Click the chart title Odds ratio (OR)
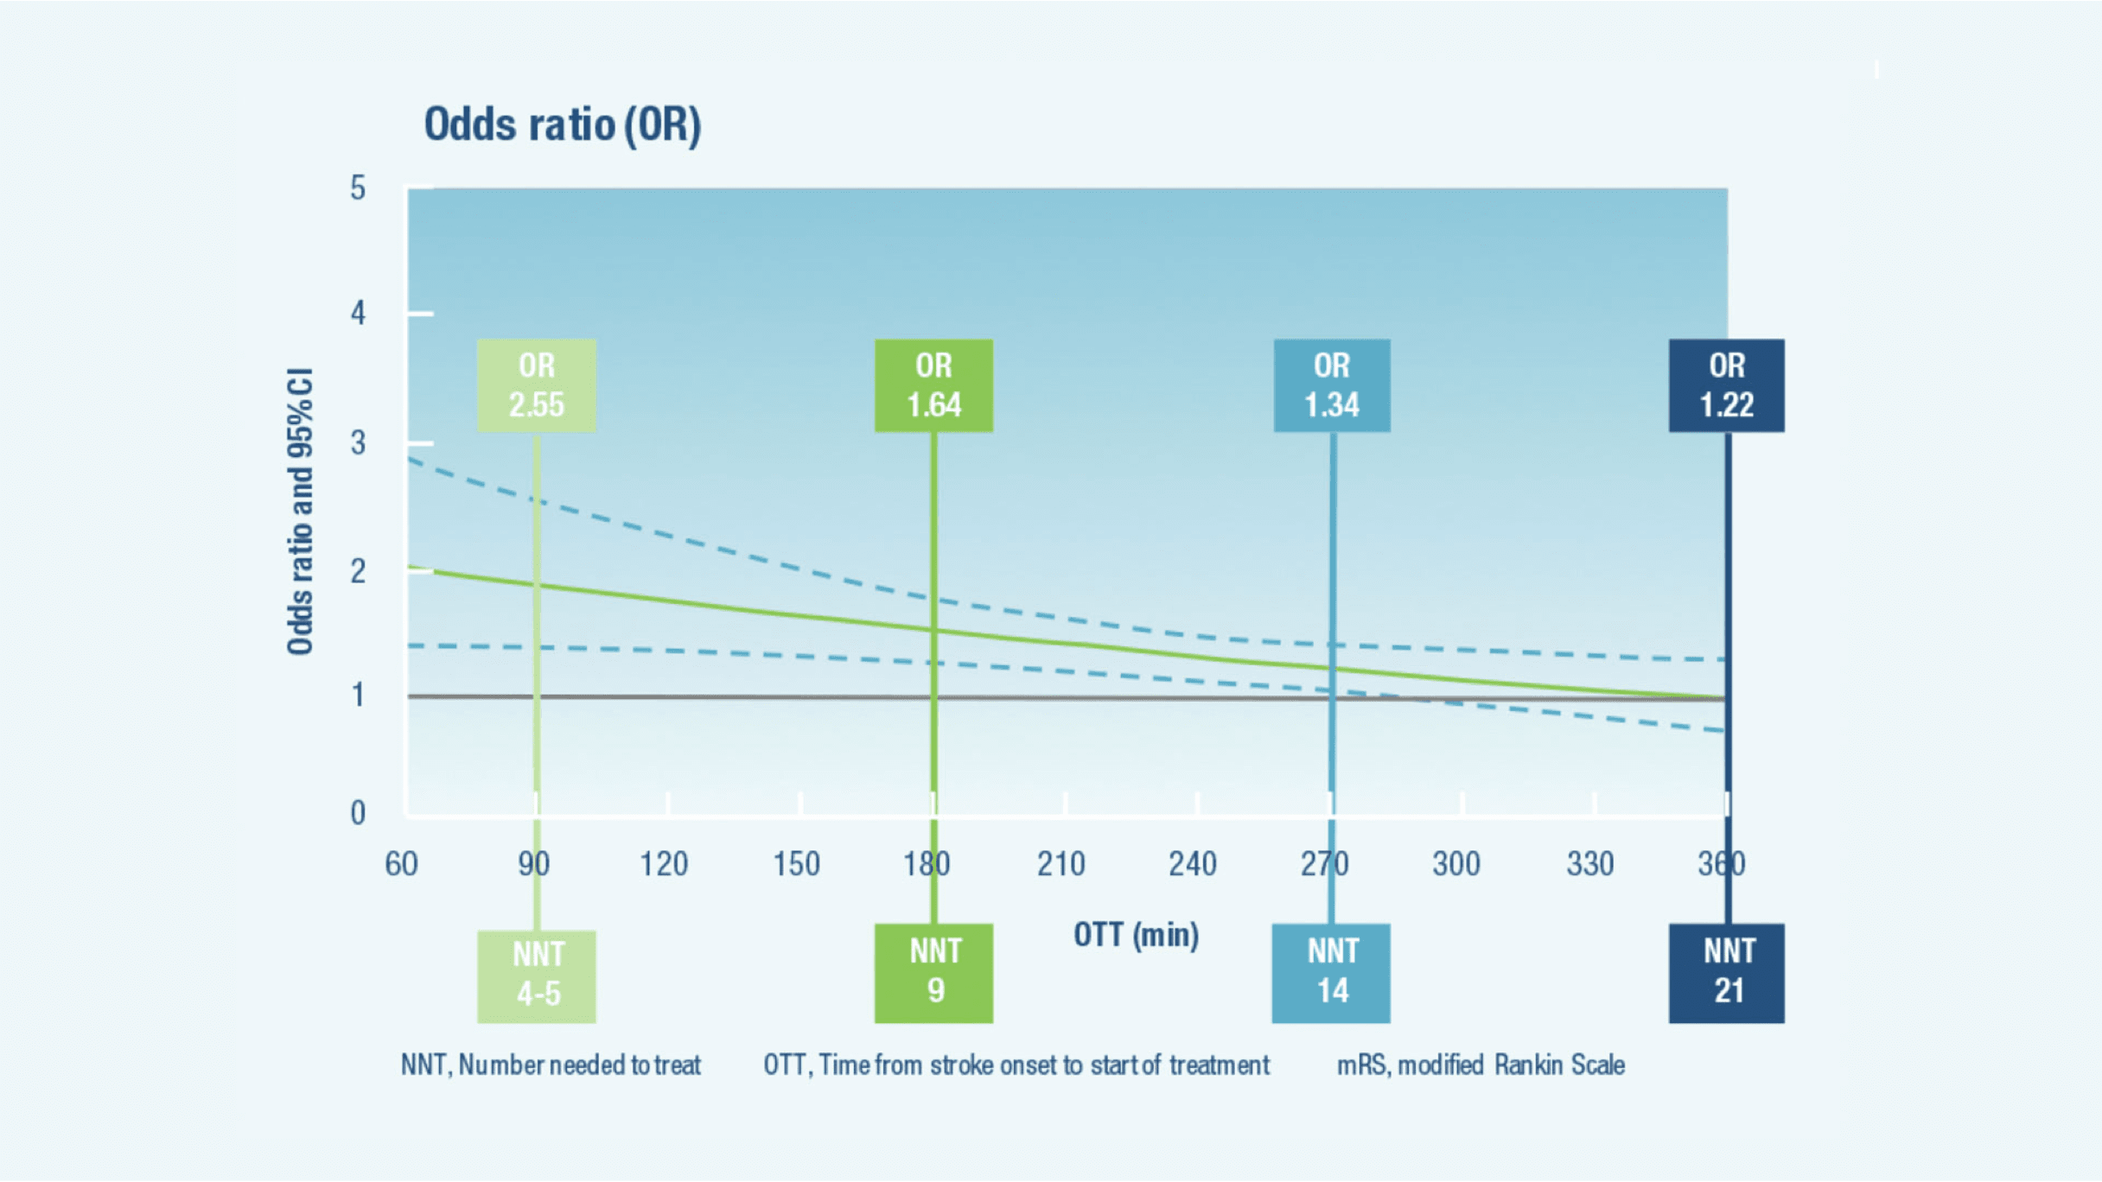point(562,124)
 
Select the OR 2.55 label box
point(536,385)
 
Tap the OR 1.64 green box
point(933,385)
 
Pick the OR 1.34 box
point(1331,385)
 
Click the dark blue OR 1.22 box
point(1726,385)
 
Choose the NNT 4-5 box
point(536,975)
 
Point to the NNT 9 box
point(933,973)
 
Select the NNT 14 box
point(1331,973)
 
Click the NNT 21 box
point(1726,973)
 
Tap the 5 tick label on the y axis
point(358,188)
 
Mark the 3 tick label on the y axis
point(358,443)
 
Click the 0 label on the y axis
point(358,813)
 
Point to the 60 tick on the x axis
point(401,864)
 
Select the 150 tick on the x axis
point(796,864)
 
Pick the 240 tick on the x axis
point(1193,864)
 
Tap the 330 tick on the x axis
point(1590,864)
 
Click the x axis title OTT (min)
point(1136,935)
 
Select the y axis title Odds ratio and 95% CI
point(300,512)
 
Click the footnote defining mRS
point(1481,1064)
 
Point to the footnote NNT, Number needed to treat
point(551,1064)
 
